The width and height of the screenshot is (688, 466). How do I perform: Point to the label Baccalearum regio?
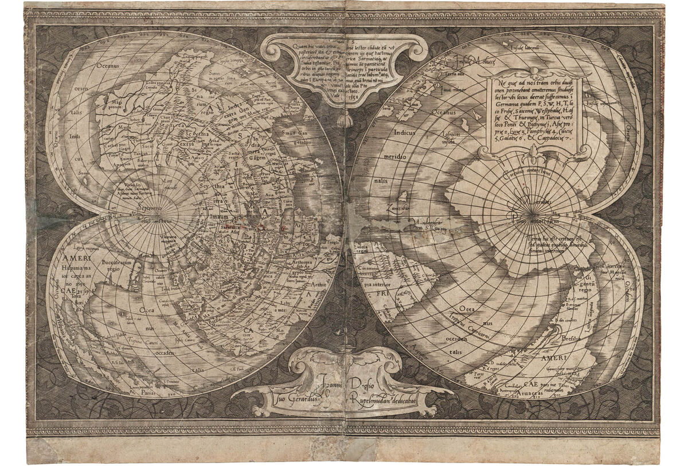coord(116,264)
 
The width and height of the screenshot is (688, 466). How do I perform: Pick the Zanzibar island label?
coord(397,207)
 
